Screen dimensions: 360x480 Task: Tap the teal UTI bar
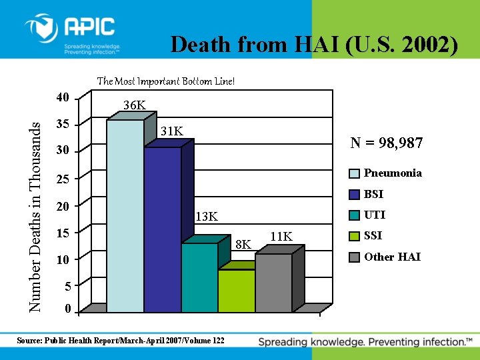pyautogui.click(x=199, y=277)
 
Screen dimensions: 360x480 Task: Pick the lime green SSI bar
pyautogui.click(x=236, y=291)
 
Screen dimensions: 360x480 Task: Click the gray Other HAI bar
pyautogui.click(x=273, y=283)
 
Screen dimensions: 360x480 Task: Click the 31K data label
pyautogui.click(x=172, y=131)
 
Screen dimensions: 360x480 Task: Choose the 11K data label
pyautogui.click(x=281, y=237)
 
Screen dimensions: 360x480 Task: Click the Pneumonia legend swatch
pyautogui.click(x=355, y=173)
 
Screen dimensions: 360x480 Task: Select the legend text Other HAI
pyautogui.click(x=392, y=257)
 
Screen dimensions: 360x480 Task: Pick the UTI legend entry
pyautogui.click(x=375, y=215)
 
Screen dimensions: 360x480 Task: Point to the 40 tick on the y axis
pyautogui.click(x=62, y=97)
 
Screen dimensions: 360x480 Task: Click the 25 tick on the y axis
pyautogui.click(x=62, y=179)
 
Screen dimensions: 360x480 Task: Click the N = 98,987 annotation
pyautogui.click(x=387, y=143)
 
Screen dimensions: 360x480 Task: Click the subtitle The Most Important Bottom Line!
pyautogui.click(x=166, y=81)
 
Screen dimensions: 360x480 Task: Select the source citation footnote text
pyautogui.click(x=121, y=341)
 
